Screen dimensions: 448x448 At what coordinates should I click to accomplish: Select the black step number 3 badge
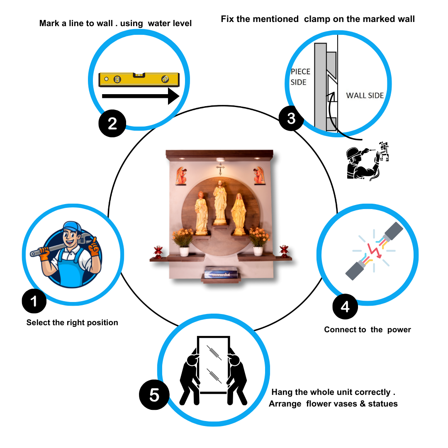[292, 119]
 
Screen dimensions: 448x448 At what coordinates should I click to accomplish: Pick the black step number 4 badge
[345, 307]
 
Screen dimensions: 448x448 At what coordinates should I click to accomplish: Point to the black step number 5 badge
[154, 395]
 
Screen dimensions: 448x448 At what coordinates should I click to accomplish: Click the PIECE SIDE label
[300, 77]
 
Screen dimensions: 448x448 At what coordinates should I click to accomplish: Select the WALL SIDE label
[365, 96]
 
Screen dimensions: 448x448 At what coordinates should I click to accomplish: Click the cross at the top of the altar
[220, 168]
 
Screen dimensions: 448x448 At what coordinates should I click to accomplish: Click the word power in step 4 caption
[399, 330]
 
